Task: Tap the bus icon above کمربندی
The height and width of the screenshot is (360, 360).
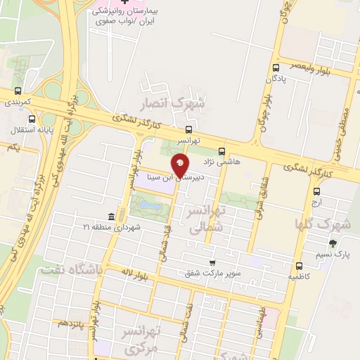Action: pos(18,91)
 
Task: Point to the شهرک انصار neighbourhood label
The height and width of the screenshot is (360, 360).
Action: pos(172,104)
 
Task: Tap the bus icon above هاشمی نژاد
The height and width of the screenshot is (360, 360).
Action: pos(222,150)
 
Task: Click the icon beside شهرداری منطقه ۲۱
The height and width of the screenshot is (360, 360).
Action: pos(112,217)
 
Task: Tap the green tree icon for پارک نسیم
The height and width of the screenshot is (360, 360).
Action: pos(333,244)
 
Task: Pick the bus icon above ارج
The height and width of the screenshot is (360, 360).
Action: pos(316,191)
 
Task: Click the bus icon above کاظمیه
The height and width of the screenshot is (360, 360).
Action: pos(300,266)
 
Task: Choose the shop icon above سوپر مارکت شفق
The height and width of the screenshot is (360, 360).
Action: pos(211,262)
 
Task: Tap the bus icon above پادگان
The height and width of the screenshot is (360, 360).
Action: pos(275,67)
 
